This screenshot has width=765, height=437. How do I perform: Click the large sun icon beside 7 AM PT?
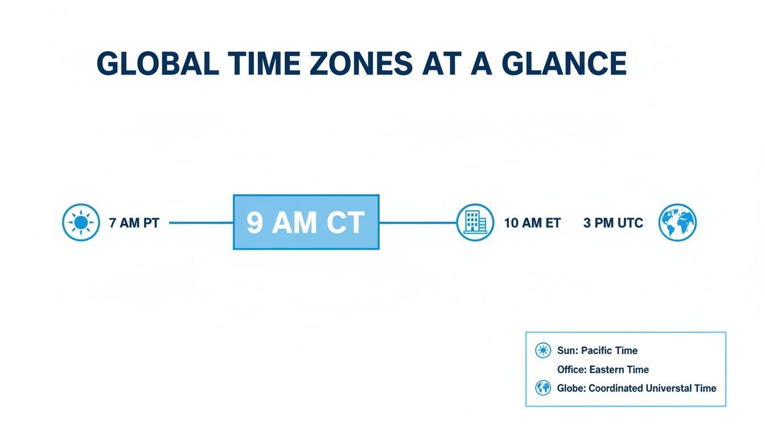[81, 222]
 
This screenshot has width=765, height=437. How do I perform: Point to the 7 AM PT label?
[134, 223]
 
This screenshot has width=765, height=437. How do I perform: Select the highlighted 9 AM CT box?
[306, 222]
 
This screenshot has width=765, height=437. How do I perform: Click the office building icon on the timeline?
[475, 222]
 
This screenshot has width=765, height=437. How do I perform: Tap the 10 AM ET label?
[532, 223]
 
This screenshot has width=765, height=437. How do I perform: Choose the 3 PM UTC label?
[613, 223]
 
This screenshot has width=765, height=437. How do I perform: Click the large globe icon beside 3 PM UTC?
[677, 222]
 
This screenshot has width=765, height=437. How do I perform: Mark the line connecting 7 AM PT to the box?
[201, 222]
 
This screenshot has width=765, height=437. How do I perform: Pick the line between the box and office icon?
[418, 222]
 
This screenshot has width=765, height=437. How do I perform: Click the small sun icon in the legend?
[543, 351]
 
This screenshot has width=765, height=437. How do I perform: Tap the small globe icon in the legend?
[543, 388]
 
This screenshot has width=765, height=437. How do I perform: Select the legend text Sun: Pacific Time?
[597, 351]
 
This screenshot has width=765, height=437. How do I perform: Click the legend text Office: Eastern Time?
[603, 369]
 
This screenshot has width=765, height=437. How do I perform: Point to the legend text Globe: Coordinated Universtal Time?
[636, 388]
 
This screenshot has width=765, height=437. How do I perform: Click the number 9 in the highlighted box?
[255, 222]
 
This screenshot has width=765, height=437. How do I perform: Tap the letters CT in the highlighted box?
[345, 222]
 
